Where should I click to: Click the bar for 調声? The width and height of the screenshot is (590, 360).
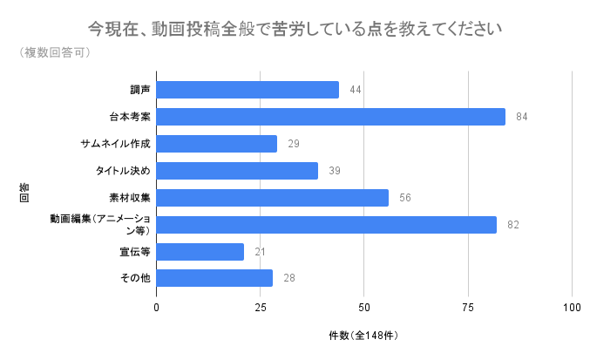(x=248, y=90)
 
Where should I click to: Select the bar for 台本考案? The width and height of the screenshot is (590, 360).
(x=331, y=117)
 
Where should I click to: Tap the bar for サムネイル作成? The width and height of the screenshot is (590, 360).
(x=217, y=144)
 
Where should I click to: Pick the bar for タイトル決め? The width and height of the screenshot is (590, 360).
(x=237, y=171)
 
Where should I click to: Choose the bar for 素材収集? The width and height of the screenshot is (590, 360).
(x=273, y=198)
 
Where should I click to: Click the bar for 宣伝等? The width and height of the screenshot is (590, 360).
(x=200, y=252)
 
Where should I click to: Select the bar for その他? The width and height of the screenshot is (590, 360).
(x=214, y=278)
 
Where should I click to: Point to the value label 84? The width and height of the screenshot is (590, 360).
(x=522, y=117)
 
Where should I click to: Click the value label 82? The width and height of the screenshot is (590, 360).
(x=513, y=225)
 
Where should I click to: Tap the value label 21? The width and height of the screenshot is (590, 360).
(x=260, y=252)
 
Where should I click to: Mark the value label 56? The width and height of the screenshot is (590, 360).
(x=405, y=198)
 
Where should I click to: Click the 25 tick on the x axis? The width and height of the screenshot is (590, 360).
(x=261, y=308)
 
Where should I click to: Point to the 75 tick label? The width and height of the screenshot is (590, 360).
(x=468, y=308)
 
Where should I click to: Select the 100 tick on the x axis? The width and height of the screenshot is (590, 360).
(x=572, y=308)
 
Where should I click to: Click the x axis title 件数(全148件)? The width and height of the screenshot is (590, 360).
(x=363, y=336)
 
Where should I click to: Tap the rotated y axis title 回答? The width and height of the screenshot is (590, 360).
(x=24, y=193)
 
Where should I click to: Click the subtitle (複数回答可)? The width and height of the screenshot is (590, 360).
(x=55, y=52)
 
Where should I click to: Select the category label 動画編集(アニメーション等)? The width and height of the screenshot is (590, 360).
(x=100, y=225)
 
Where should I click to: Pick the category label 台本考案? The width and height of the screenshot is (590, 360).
(x=130, y=117)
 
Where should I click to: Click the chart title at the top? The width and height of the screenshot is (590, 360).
(x=295, y=29)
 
